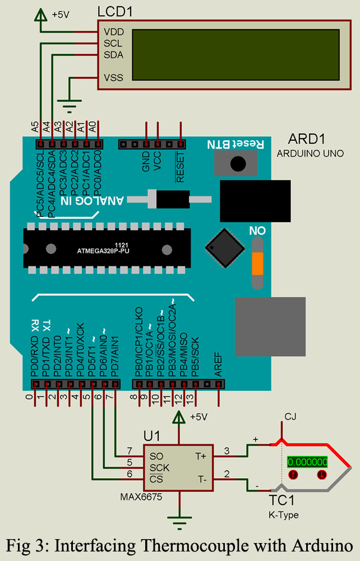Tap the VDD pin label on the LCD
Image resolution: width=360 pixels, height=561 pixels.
(x=114, y=32)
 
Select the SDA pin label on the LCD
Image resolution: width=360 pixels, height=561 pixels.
(x=114, y=55)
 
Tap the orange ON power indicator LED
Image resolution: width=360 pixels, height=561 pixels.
(x=257, y=264)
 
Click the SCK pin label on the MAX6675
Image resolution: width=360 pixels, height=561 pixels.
(x=160, y=467)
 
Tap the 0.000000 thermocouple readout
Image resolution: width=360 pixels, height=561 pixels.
(x=307, y=462)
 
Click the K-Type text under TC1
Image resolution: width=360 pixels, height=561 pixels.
(x=284, y=514)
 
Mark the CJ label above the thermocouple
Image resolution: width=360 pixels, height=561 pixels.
(x=290, y=416)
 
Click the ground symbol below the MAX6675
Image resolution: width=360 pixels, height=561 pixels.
(x=179, y=524)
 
